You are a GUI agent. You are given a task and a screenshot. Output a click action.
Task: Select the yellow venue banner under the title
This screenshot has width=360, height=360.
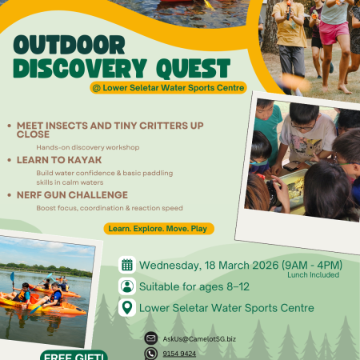coord(167,87)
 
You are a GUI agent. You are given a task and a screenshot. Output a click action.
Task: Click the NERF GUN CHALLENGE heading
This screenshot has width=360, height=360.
coord(71,194)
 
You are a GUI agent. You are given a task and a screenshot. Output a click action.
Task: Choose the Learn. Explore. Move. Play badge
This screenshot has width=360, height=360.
coord(158,229)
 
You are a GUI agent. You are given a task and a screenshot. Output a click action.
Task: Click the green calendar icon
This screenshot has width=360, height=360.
coord(126,266)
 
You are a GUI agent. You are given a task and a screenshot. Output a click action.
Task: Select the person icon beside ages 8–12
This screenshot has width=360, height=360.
coord(126,286)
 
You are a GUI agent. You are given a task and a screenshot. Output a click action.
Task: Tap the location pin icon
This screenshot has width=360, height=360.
coord(126,307)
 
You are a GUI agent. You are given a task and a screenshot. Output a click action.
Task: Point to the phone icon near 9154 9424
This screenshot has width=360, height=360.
coord(151,353)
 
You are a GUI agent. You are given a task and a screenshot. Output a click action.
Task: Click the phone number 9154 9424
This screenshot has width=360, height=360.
coord(179,353)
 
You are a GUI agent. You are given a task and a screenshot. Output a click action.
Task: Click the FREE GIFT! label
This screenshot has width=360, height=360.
coord(74,355)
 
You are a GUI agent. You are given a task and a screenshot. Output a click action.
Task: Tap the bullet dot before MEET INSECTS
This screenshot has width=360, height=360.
coord(8,126)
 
